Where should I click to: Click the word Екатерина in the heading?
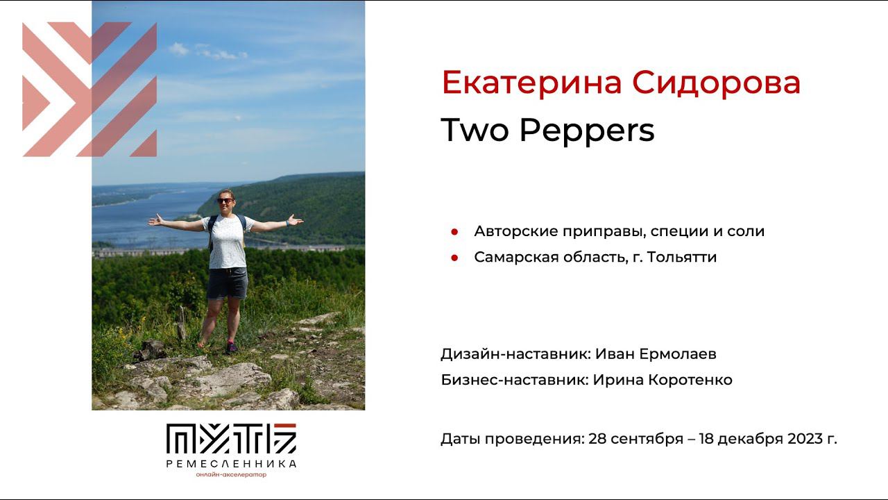531,83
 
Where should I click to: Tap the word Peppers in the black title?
587,130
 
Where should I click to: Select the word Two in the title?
475,129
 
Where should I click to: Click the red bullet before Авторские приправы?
454,231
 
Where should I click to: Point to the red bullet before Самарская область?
454,258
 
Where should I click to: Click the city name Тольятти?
682,257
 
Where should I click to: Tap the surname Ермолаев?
678,353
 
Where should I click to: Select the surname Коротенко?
690,380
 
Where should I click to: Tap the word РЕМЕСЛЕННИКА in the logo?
231,463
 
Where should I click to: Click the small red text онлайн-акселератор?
231,474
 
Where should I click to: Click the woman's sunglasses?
225,201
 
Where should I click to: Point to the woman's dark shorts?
227,283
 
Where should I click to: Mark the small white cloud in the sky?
179,49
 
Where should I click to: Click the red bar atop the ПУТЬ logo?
285,426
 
